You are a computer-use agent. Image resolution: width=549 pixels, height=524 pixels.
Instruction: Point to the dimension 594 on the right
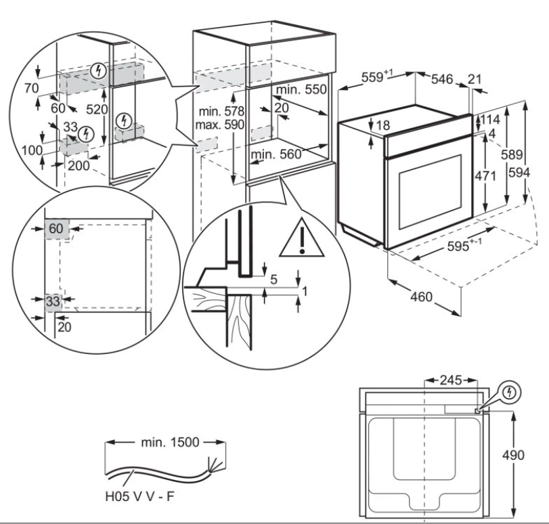pos(536,173)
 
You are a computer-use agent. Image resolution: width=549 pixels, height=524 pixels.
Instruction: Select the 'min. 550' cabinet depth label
pos(301,89)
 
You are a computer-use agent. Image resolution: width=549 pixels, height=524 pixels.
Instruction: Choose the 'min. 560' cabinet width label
pos(274,154)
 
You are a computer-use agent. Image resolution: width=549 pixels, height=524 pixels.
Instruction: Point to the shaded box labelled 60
pos(56,228)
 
